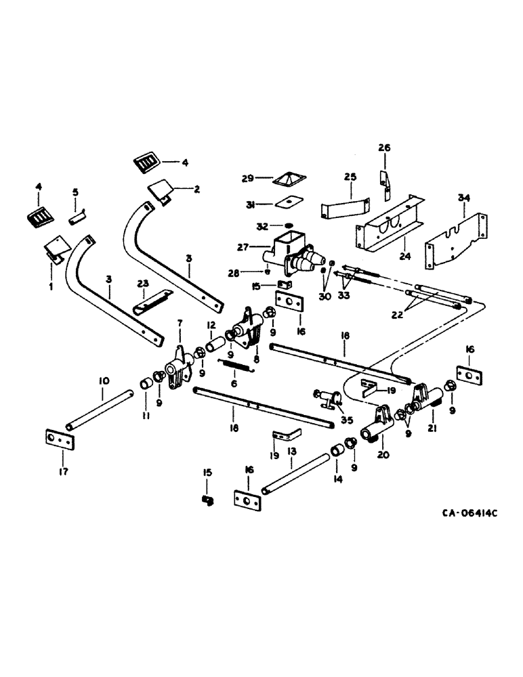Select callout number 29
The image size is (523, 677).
pos(248,178)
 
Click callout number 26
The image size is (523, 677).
pos(384,148)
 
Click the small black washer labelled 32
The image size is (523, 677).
pos(288,224)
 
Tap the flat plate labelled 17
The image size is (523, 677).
pos(60,439)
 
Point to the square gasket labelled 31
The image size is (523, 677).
pos(288,202)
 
